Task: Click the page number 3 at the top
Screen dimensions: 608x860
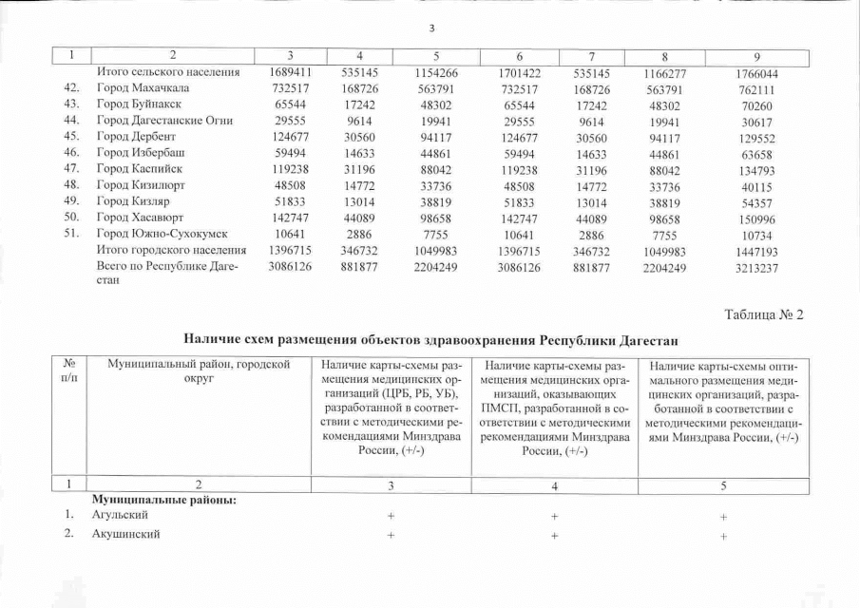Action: click(430, 28)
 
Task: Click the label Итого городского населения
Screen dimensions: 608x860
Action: click(172, 250)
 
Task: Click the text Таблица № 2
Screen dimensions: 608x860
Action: click(764, 315)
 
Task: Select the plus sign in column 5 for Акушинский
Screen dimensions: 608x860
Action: click(724, 535)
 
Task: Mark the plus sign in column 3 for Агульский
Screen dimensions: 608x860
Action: click(391, 516)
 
